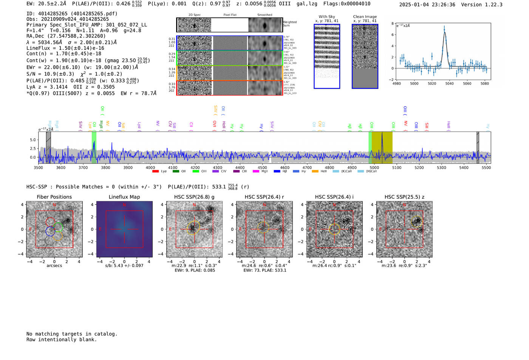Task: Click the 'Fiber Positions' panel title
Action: pos(54,197)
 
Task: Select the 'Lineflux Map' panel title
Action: pos(124,197)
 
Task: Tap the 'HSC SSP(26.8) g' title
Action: pos(194,197)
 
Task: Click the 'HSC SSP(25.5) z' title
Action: pos(404,197)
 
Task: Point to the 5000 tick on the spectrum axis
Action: pos(374,167)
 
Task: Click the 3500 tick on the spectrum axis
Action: pos(39,167)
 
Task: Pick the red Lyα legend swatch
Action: pos(155,172)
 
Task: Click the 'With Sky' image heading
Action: pos(327,17)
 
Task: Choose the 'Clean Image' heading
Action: pos(365,17)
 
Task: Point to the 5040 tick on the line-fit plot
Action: pos(449,83)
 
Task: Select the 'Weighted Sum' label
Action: pos(290,24)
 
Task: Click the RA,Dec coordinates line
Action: pos(66,36)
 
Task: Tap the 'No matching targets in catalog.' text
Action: pos(72,334)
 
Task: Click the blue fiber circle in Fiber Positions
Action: pos(50,231)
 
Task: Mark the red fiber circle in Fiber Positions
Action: pos(50,222)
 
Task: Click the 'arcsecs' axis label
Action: pos(54,266)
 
